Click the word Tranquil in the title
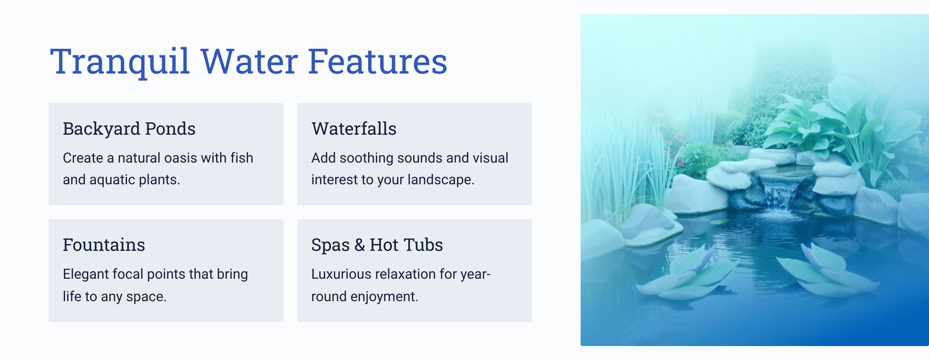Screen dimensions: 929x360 click(x=120, y=62)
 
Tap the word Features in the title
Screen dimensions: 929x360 click(x=377, y=62)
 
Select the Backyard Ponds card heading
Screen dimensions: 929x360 click(x=129, y=129)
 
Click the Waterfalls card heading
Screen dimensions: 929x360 click(x=354, y=128)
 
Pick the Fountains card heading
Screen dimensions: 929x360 click(x=104, y=244)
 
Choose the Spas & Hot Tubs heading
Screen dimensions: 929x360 click(x=377, y=245)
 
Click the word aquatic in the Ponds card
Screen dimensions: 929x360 click(x=113, y=180)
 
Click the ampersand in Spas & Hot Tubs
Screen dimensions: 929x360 click(x=359, y=245)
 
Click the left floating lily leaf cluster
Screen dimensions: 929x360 click(x=686, y=272)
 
